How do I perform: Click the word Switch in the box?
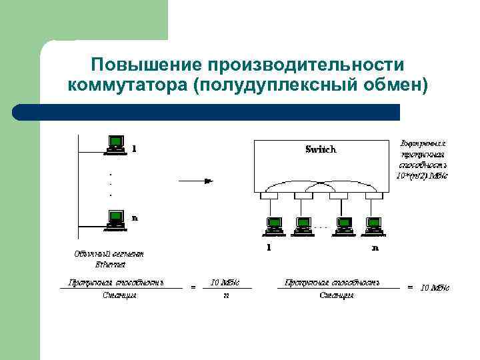(x=321, y=149)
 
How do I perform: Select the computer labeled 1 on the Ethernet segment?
(x=116, y=145)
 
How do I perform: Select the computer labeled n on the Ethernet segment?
(x=116, y=219)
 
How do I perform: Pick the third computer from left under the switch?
(x=344, y=227)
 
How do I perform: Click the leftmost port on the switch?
(x=269, y=196)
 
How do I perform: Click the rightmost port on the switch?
(x=373, y=196)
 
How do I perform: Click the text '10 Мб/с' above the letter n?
(x=225, y=283)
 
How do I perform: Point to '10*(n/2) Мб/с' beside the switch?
(x=423, y=176)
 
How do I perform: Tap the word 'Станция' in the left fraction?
(x=120, y=295)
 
